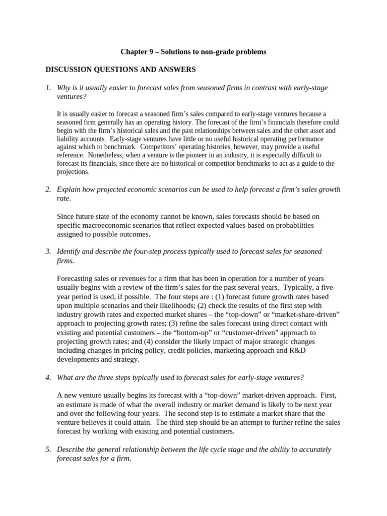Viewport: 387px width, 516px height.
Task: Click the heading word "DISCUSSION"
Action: click(72, 69)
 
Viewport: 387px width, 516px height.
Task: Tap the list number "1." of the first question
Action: click(48, 88)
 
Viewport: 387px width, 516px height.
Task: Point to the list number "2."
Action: click(48, 189)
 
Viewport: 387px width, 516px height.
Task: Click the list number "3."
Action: click(48, 251)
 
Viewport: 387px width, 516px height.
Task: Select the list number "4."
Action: click(48, 378)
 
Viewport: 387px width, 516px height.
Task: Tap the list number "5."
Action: click(48, 449)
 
